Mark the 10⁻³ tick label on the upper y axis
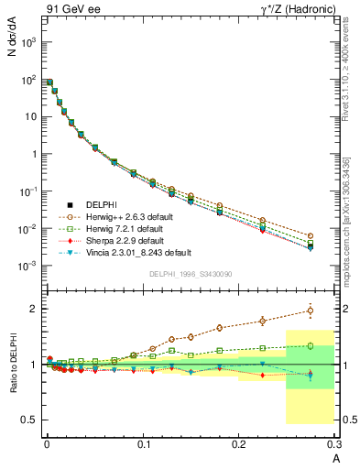28,266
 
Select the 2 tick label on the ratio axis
32,309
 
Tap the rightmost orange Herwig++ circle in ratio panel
310,311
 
